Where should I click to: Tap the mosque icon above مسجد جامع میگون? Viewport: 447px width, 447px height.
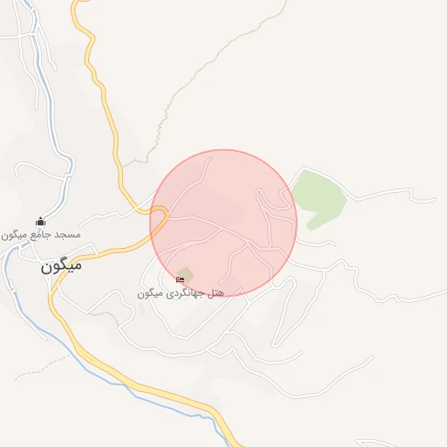[39, 222]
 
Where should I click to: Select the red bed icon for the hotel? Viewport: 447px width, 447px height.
[180, 279]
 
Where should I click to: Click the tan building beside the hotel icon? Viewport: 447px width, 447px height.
[187, 273]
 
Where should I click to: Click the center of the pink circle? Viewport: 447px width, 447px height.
[223, 223]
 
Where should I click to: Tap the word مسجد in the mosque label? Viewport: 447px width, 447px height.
[68, 235]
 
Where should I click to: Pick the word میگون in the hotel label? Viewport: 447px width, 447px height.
[151, 293]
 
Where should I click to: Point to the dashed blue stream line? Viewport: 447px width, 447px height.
[35, 372]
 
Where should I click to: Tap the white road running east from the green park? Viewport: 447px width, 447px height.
[393, 197]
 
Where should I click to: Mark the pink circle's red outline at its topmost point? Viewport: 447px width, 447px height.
[223, 150]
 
